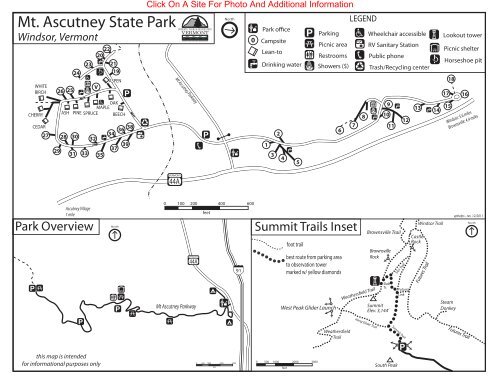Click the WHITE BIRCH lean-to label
41,89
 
